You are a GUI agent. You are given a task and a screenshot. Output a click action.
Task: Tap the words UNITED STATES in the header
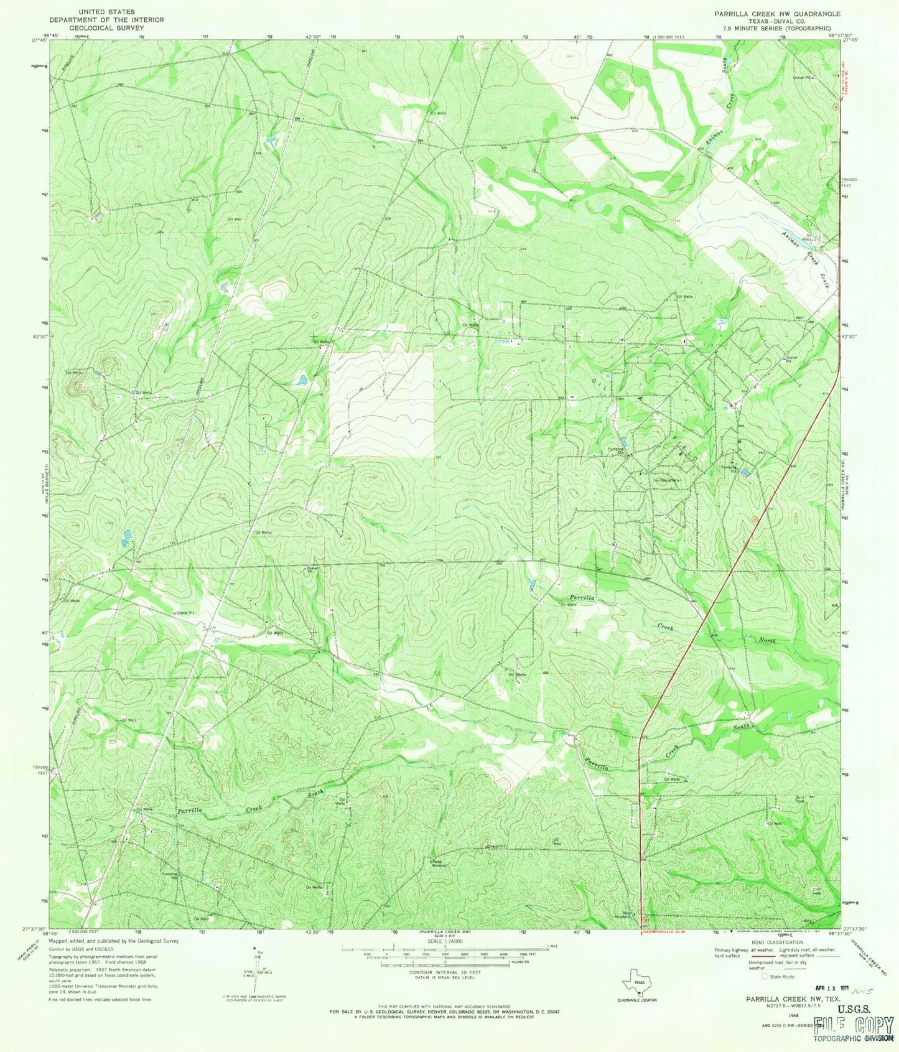[x=104, y=12]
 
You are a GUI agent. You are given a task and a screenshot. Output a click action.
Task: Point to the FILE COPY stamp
[x=854, y=1025]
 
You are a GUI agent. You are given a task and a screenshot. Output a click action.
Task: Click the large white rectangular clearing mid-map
[x=381, y=405]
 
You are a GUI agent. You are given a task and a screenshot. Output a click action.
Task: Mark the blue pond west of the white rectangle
[x=300, y=379]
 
